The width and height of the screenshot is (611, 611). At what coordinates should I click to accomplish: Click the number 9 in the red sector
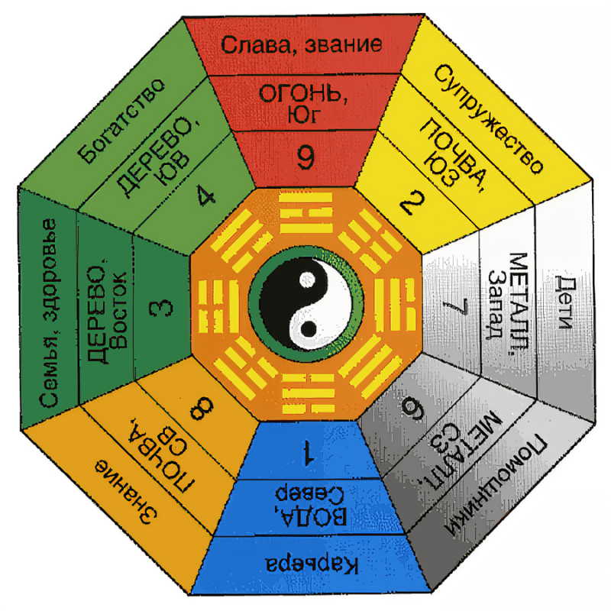[x=305, y=157]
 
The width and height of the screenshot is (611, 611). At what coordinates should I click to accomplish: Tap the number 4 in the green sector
[x=205, y=195]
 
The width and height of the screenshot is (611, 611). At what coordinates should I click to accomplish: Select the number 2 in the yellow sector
[x=409, y=203]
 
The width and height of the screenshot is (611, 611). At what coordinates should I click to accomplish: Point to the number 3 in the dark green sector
[x=161, y=307]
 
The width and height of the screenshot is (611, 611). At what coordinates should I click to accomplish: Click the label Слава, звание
[x=302, y=45]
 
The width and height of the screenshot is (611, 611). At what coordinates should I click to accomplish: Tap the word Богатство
[x=121, y=121]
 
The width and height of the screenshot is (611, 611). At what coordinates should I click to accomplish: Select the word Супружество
[x=488, y=119]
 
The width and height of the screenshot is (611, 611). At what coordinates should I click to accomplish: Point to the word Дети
[x=564, y=302]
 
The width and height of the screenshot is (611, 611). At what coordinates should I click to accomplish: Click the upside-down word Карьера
[x=312, y=564]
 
